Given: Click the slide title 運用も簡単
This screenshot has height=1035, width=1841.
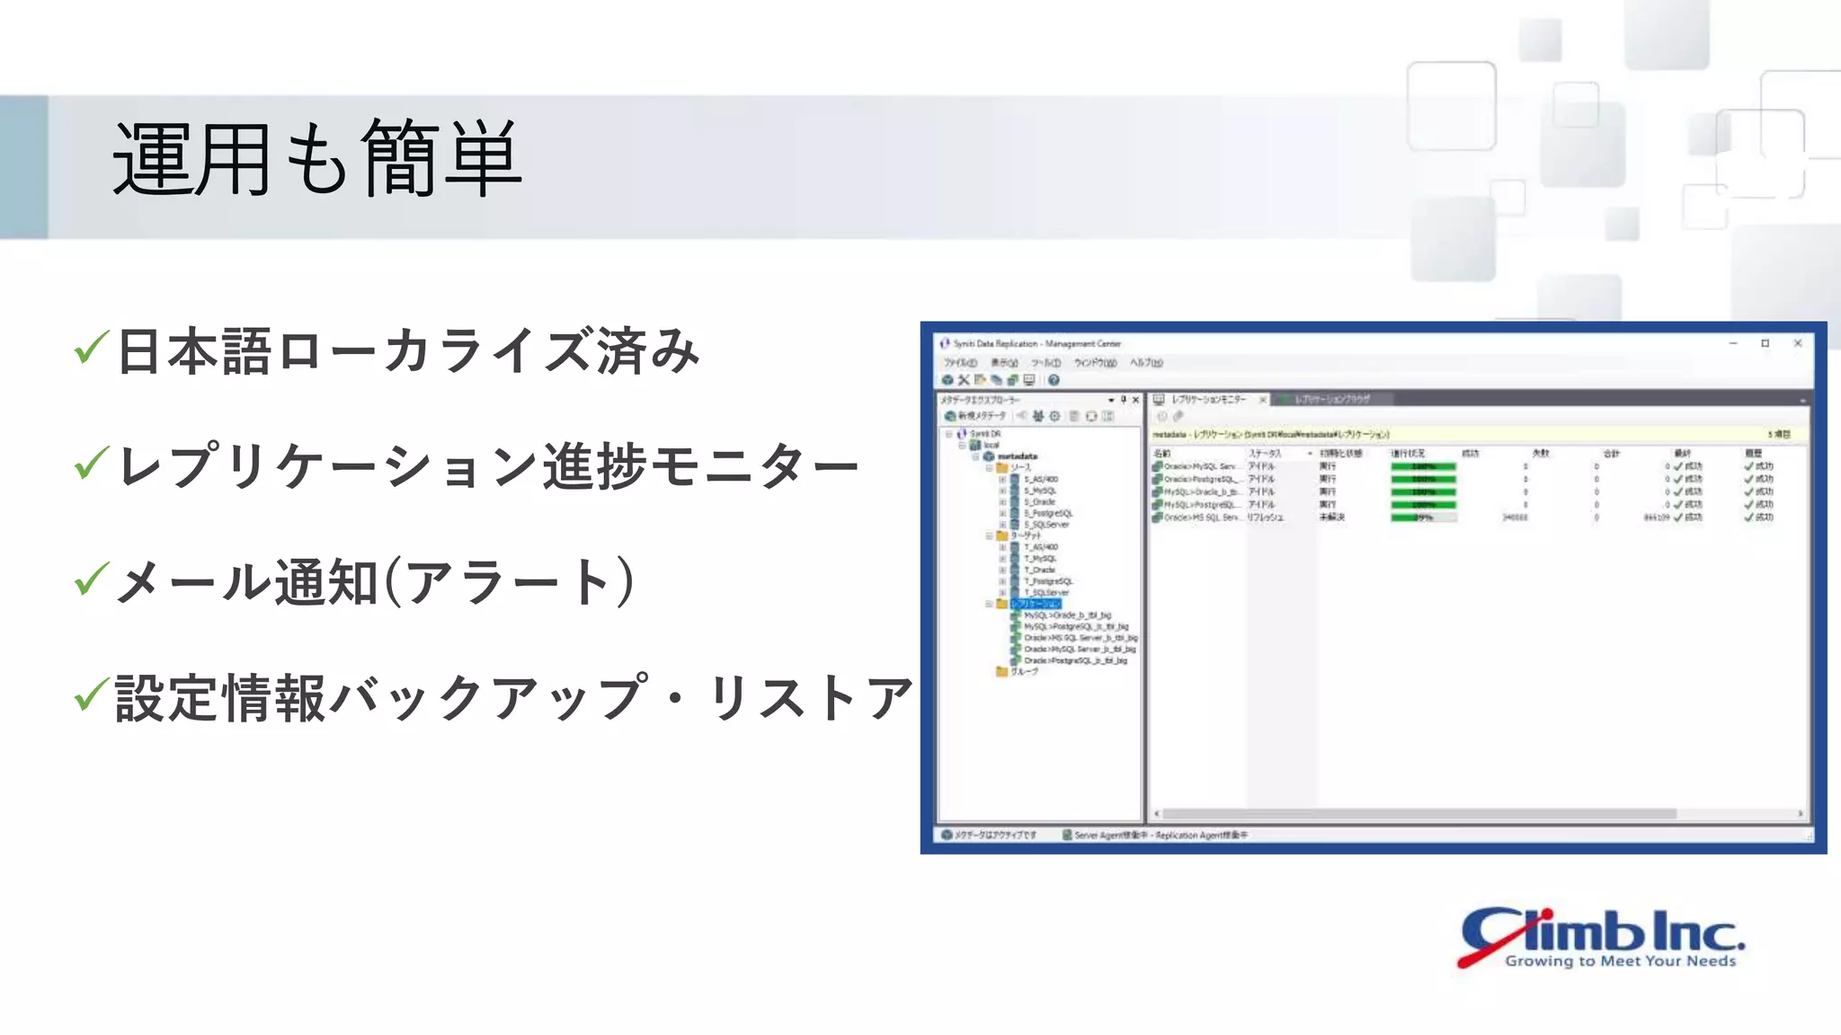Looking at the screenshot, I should [316, 159].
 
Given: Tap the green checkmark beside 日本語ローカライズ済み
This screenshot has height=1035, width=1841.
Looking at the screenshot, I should [92, 348].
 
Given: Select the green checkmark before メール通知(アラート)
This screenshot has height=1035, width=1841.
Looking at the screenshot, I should [92, 579].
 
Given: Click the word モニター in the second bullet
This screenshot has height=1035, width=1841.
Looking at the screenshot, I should [753, 467].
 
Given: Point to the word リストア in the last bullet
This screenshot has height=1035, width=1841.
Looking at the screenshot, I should [811, 698].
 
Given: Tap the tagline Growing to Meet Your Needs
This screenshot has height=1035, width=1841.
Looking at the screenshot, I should [1620, 961].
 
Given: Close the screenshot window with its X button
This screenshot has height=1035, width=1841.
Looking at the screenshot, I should [1798, 343].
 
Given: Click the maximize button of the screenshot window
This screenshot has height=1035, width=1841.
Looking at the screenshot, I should [1765, 343].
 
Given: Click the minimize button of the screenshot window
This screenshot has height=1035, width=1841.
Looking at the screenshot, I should [1733, 343].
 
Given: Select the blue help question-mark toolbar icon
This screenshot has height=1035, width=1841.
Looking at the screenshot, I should [1054, 380].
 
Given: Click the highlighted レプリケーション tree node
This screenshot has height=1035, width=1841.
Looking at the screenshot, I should [1036, 604].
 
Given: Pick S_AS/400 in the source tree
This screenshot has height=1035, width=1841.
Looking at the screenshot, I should [1041, 480].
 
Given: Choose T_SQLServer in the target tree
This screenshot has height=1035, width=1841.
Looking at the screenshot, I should [1046, 593].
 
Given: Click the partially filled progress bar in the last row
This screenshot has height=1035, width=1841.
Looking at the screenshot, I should [1423, 517].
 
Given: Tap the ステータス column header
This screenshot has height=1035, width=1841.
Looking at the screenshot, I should [1265, 454].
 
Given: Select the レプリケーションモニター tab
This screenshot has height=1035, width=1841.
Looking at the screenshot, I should [1208, 399].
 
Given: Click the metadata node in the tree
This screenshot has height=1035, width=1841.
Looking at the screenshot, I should [1017, 456].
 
